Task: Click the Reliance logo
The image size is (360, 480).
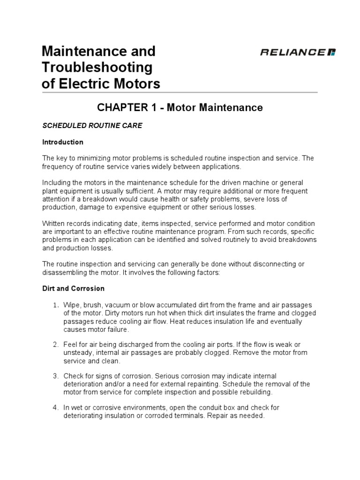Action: [298, 52]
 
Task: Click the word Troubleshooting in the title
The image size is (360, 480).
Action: [97, 67]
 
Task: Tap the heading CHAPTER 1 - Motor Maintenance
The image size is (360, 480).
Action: [180, 108]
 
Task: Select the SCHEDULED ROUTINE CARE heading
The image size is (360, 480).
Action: [92, 126]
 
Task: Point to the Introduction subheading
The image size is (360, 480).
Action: [63, 142]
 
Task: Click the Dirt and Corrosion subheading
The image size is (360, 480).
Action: [74, 288]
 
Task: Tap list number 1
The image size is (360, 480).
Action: [55, 305]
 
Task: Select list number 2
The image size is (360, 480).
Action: [55, 345]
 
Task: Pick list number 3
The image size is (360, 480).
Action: [55, 376]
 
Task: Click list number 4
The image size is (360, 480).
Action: [55, 407]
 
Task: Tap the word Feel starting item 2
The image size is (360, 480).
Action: [70, 345]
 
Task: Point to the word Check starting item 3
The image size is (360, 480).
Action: [73, 376]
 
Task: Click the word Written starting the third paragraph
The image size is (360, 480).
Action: [54, 224]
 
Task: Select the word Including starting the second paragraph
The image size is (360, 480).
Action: [57, 182]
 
